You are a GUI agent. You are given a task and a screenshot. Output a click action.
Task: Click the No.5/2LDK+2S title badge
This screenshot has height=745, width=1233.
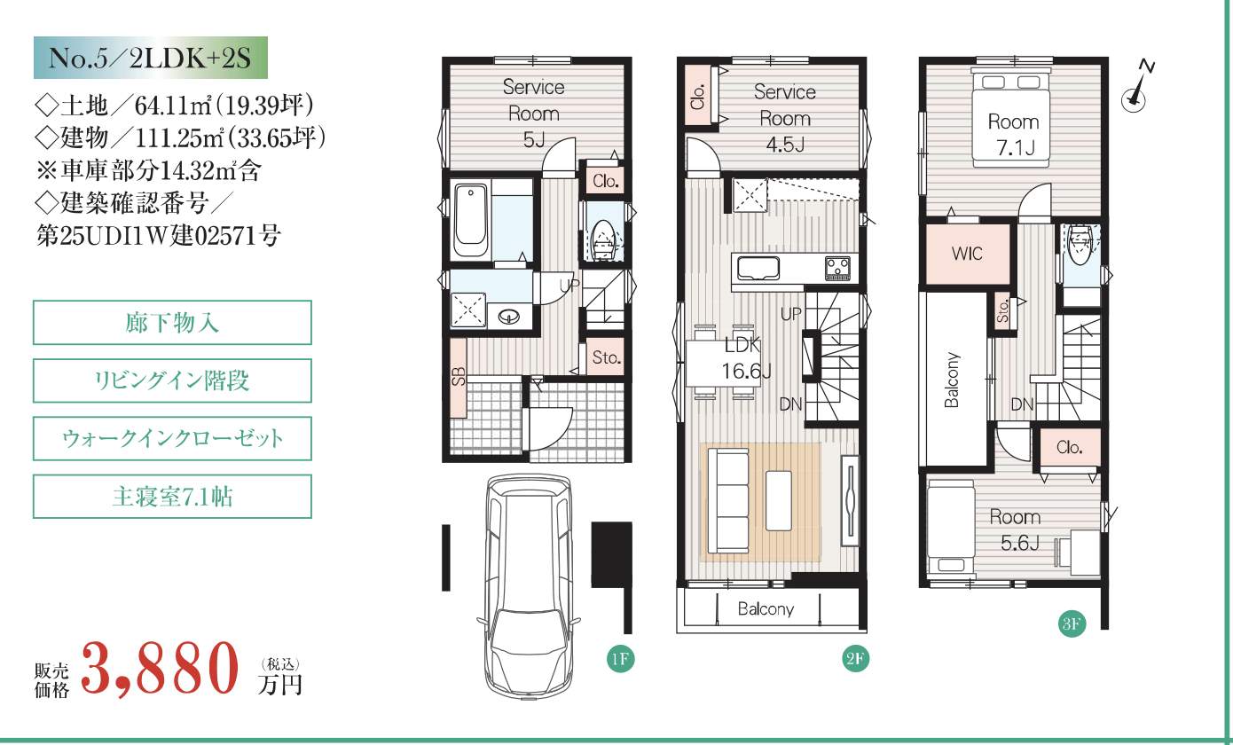(x=150, y=58)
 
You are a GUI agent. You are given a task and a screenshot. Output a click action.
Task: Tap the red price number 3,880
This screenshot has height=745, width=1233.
(x=161, y=668)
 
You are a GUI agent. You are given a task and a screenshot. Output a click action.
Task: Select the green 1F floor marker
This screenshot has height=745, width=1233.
(x=620, y=659)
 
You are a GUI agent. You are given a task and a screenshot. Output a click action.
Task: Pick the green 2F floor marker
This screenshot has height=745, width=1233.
(x=855, y=659)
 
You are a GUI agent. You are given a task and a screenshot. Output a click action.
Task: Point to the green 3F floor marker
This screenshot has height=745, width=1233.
(x=1072, y=624)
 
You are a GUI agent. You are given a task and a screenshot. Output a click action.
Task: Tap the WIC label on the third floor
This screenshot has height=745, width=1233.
(x=967, y=254)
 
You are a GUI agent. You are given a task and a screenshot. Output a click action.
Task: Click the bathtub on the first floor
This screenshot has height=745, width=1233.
(x=471, y=221)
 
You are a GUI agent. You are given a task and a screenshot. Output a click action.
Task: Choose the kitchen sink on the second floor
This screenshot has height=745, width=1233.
(x=758, y=269)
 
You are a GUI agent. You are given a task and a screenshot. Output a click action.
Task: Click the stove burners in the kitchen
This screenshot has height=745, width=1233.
(x=837, y=269)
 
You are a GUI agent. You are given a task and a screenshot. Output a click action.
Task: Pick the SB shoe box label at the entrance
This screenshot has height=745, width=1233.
(x=459, y=376)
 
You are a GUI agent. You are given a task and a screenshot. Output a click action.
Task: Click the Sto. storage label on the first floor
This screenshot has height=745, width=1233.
(x=607, y=358)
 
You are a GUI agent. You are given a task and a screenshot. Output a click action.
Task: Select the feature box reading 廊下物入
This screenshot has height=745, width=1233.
(x=172, y=323)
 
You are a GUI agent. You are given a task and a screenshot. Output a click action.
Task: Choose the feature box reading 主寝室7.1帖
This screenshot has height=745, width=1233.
(x=172, y=497)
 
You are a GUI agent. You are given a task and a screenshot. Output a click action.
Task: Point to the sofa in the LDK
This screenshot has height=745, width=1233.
(x=727, y=501)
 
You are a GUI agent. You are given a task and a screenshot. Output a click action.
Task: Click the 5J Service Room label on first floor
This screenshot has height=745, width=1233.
(x=534, y=114)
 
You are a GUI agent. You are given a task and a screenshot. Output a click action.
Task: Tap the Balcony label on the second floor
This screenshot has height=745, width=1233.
(x=766, y=609)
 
